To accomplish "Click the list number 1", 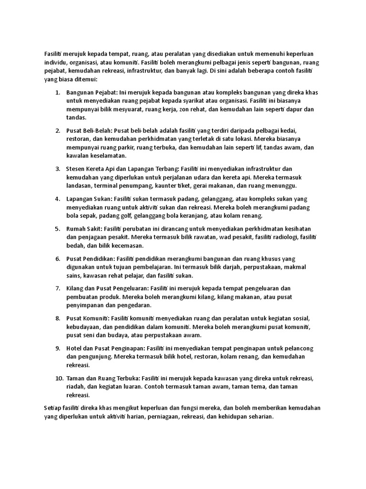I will pyautogui.click(x=57, y=92).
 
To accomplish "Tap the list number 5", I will pyautogui.click(x=57, y=229).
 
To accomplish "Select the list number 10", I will pyautogui.click(x=59, y=378).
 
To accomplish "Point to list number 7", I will pyautogui.click(x=57, y=288).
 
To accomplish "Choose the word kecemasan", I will pyautogui.click(x=125, y=245).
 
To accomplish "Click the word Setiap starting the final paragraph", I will pyautogui.click(x=51, y=408).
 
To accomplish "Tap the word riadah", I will pyautogui.click(x=75, y=387).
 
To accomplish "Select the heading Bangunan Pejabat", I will pyautogui.click(x=92, y=92).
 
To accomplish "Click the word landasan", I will pyautogui.click(x=78, y=186).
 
